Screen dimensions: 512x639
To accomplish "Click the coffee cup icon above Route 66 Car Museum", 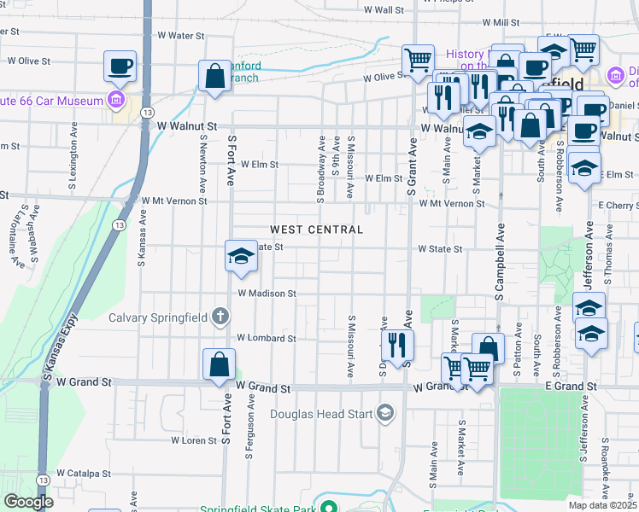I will [x=120, y=66].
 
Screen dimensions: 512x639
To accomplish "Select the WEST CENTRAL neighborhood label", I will [x=317, y=230].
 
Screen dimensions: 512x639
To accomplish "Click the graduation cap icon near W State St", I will [x=242, y=256].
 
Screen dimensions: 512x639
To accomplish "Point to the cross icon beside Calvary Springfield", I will [x=220, y=317].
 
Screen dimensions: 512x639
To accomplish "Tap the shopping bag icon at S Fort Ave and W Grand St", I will [x=220, y=364].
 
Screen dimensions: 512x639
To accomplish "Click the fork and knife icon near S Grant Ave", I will [x=397, y=345].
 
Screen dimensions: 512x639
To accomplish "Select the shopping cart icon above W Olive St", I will [x=418, y=60].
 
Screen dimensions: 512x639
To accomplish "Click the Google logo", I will [x=28, y=502].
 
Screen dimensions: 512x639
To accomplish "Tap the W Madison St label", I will [x=267, y=294].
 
